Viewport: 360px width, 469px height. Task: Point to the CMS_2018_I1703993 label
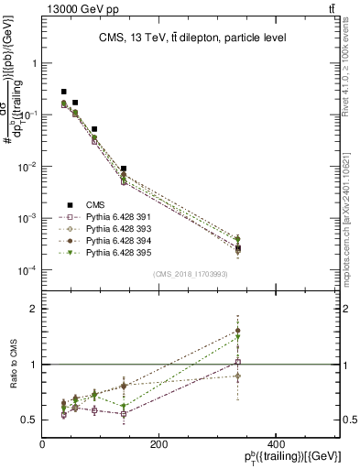(x=190, y=273)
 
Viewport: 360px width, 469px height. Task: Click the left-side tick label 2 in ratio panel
(x=33, y=310)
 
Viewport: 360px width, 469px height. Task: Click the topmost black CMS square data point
(x=63, y=92)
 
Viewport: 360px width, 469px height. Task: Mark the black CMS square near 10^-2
(x=124, y=169)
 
